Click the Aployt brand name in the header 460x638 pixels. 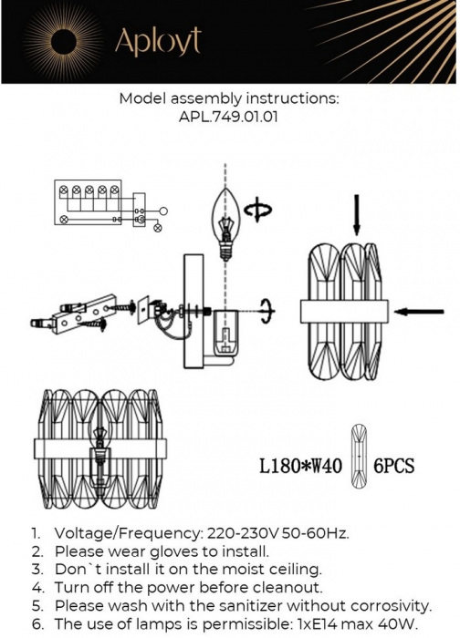[158, 41]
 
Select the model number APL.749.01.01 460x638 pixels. [228, 118]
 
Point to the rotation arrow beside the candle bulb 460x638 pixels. [258, 210]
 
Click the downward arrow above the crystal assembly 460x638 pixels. [357, 215]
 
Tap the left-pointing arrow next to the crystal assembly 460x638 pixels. [419, 312]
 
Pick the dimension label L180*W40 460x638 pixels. [300, 466]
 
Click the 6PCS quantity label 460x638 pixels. [394, 466]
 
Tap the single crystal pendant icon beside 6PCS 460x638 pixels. [359, 455]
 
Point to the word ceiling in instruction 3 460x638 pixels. [294, 570]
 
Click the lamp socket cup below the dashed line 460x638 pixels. [225, 332]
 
